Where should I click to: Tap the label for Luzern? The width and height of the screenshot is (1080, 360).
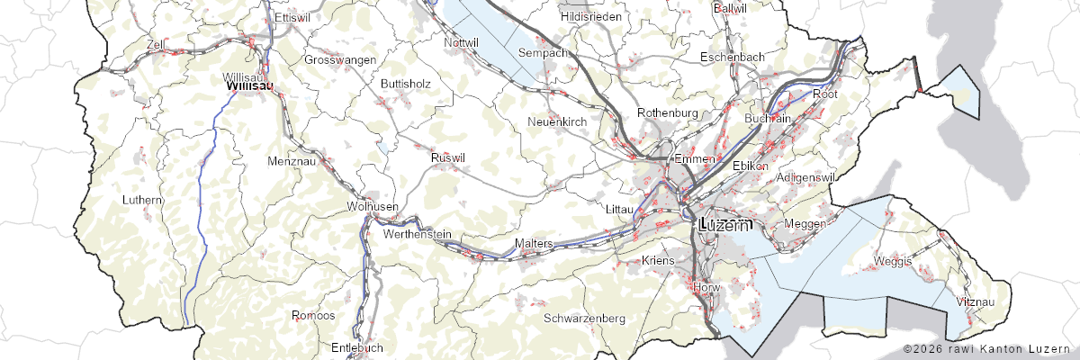coord(724,225)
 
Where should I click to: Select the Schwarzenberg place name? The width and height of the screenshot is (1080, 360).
coord(584,319)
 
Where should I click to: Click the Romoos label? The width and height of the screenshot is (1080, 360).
coord(313,316)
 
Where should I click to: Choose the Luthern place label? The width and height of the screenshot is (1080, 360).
coord(144,200)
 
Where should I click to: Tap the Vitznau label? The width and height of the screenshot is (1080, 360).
coord(976,301)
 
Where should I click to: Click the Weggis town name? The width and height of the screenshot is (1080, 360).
coord(892,261)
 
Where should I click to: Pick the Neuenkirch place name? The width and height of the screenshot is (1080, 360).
coord(557,121)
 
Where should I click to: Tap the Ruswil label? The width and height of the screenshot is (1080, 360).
coord(448,158)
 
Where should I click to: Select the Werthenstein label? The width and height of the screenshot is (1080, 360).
coord(417,234)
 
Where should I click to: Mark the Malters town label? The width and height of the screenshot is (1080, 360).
coord(532,244)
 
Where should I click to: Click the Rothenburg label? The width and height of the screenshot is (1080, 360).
coord(667,112)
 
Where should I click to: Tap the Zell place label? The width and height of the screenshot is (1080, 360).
coord(157,43)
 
